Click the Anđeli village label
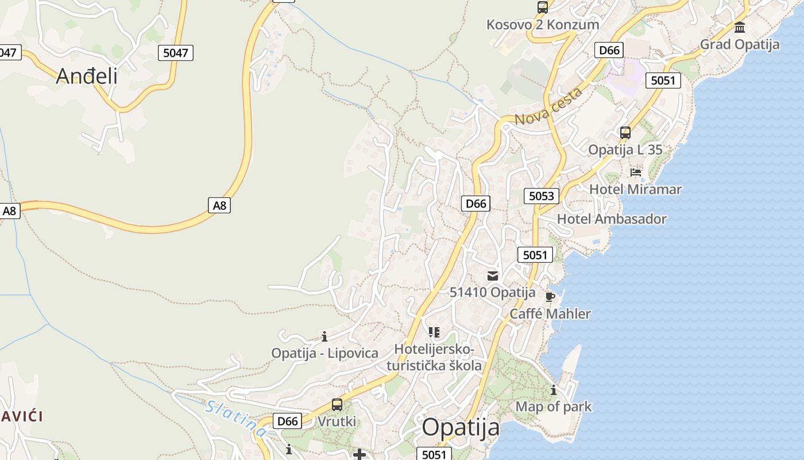(87, 76)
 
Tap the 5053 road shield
(541, 196)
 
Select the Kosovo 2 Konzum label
(543, 25)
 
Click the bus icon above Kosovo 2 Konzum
(543, 7)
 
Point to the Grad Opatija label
(740, 44)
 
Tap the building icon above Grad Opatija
(740, 27)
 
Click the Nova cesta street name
(548, 107)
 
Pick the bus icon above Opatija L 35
(625, 133)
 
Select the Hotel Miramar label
(635, 189)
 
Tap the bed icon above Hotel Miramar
(635, 172)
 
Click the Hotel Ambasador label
(612, 219)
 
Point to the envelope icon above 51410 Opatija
(493, 275)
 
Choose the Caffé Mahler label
(550, 314)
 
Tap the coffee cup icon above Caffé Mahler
(550, 297)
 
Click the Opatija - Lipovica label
(324, 353)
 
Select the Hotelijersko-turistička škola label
(434, 357)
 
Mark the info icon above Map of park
(554, 390)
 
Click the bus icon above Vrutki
(337, 405)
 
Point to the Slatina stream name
(235, 418)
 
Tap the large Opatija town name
(461, 428)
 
